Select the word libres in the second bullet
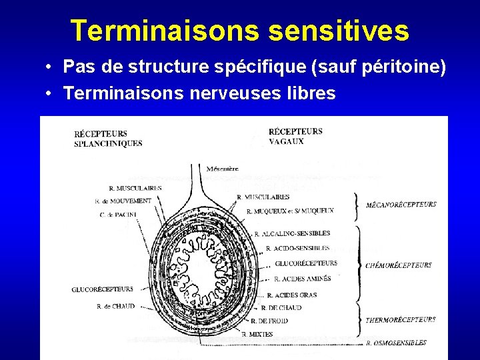313,93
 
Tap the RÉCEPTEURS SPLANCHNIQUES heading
107,139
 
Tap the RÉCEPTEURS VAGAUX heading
295,136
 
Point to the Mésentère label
223,169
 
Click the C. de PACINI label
118,214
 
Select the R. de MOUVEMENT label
123,201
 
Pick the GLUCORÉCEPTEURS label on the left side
103,289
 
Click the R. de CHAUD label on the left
115,307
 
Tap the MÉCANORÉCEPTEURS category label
401,205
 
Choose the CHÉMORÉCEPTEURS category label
399,265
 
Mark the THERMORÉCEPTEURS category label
401,320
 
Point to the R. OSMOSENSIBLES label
396,343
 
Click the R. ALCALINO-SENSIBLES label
292,234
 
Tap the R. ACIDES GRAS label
292,295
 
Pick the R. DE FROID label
269,321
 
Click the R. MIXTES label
257,334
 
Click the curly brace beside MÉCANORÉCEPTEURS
357,204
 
